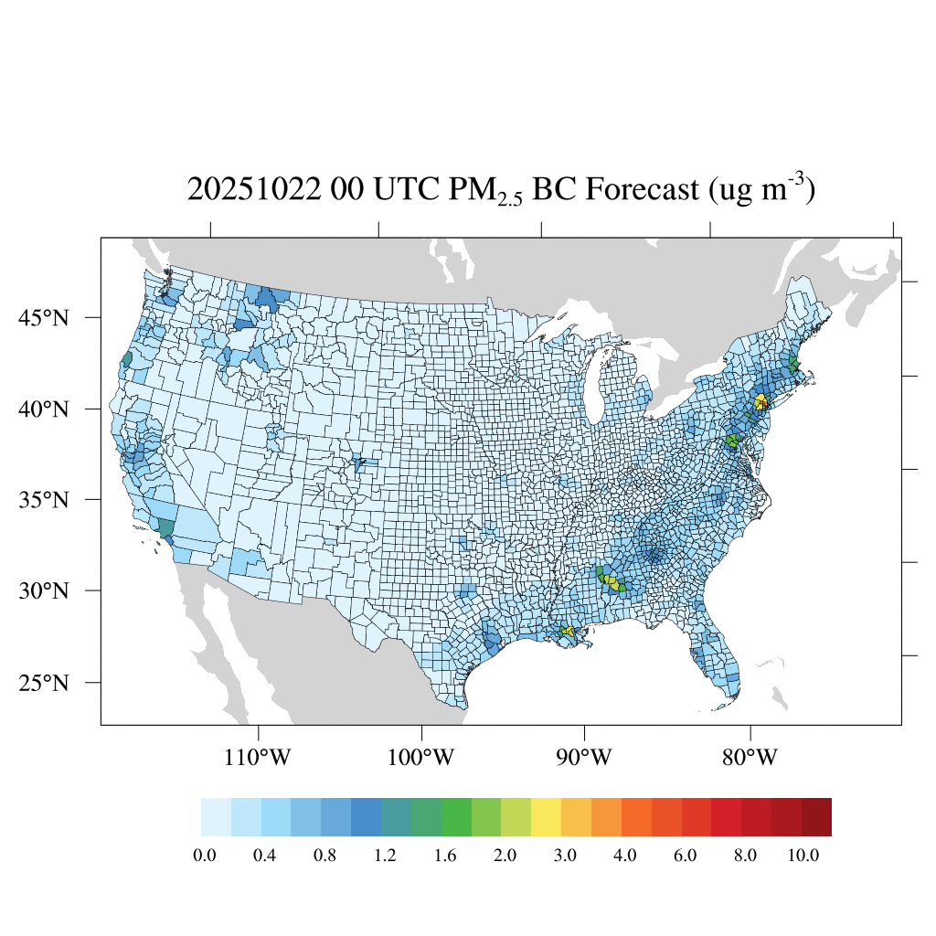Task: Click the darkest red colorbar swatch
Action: click(x=816, y=817)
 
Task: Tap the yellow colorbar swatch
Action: click(x=546, y=817)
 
